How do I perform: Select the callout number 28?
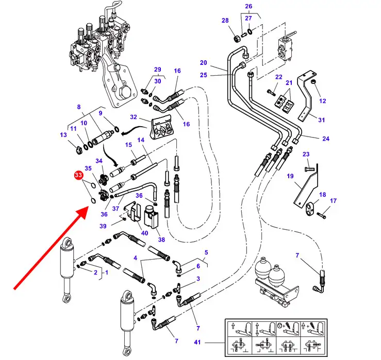(225, 21)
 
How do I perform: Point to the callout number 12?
(323, 101)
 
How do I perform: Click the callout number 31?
(321, 120)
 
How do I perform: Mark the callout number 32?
(133, 117)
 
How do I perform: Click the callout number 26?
(249, 7)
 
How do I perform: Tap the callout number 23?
(306, 155)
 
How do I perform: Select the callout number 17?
(333, 201)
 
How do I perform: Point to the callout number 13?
(63, 135)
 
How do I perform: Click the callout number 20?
(203, 63)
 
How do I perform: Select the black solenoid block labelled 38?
(151, 217)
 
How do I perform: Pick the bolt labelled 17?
(321, 214)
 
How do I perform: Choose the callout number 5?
(206, 252)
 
